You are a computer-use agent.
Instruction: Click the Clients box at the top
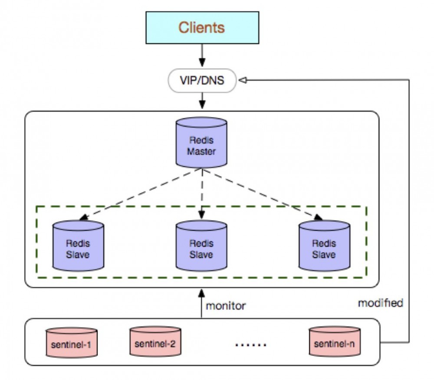pyautogui.click(x=202, y=28)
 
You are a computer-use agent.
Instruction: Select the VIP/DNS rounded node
pyautogui.click(x=202, y=80)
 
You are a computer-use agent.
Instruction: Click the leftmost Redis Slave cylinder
pyautogui.click(x=78, y=245)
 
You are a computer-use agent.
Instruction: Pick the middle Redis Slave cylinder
pyautogui.click(x=201, y=245)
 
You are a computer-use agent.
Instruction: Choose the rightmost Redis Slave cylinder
pyautogui.click(x=324, y=245)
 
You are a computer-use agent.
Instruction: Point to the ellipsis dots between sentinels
pyautogui.click(x=250, y=345)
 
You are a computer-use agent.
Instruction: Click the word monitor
pyautogui.click(x=226, y=306)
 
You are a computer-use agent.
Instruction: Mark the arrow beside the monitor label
pyautogui.click(x=201, y=303)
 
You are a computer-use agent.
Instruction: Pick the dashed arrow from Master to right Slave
pyautogui.click(x=263, y=194)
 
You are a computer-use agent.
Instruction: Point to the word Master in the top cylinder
pyautogui.click(x=201, y=152)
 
